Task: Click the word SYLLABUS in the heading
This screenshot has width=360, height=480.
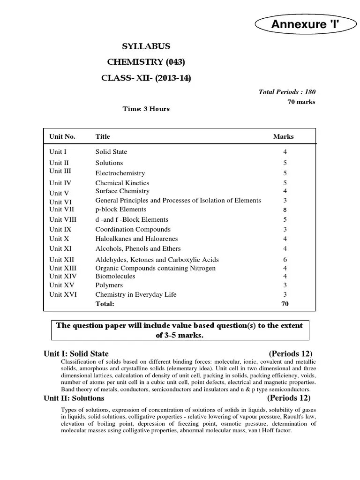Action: click(146, 46)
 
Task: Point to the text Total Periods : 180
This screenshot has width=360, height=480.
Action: click(290, 92)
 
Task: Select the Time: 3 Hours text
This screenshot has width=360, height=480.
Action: click(146, 109)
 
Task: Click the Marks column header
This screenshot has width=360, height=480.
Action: click(284, 136)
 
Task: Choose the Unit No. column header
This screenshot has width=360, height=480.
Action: click(62, 136)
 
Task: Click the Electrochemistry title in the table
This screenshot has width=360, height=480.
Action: click(120, 173)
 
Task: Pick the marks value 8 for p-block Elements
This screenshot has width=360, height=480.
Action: click(285, 210)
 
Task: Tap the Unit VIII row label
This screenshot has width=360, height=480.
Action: click(63, 219)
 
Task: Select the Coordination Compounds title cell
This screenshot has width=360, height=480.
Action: click(133, 229)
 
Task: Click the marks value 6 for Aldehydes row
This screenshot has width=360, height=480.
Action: click(285, 260)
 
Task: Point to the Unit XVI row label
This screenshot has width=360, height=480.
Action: click(63, 294)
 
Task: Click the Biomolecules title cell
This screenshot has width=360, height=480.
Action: click(115, 276)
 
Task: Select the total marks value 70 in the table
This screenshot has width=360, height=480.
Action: click(285, 304)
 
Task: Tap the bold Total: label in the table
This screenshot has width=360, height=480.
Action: click(105, 304)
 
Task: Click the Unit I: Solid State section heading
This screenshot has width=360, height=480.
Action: click(76, 354)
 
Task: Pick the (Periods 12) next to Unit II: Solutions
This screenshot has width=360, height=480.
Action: click(289, 398)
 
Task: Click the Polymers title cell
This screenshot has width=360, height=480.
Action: click(109, 285)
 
